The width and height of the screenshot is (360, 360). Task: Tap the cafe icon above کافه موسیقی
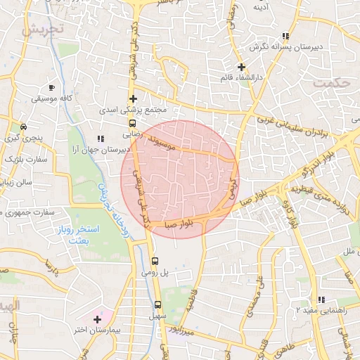(51, 87)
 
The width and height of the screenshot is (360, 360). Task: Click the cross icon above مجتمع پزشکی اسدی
(132, 98)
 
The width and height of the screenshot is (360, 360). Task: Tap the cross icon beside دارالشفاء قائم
(241, 67)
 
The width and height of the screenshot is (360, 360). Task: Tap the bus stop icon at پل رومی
(155, 260)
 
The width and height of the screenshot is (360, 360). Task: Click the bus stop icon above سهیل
(157, 305)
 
